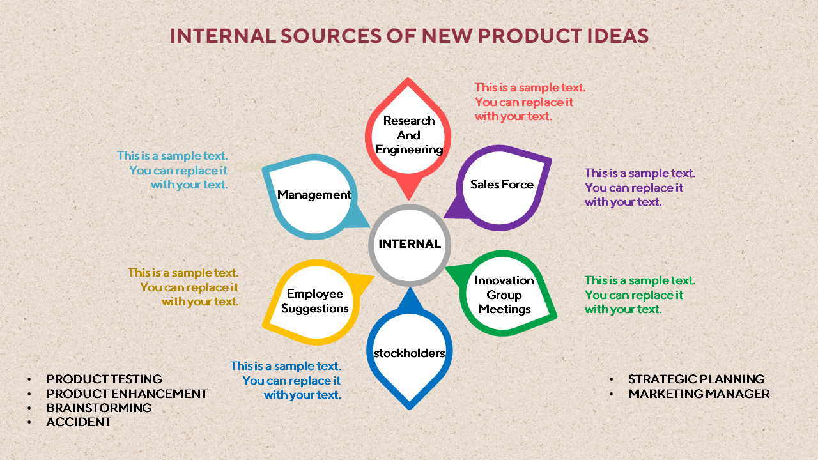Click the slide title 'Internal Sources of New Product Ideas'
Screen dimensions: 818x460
tap(409, 36)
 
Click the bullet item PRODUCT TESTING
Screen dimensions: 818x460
tap(104, 379)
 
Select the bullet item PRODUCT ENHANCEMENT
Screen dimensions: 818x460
tap(127, 394)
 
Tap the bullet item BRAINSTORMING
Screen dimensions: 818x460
tap(99, 408)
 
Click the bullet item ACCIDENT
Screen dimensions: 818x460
tap(79, 422)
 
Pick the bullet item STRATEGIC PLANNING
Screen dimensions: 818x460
tap(697, 379)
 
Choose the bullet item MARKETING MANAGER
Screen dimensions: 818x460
tap(699, 394)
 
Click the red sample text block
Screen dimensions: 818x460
tap(530, 102)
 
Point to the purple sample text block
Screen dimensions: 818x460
tap(640, 187)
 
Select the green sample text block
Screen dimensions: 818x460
tap(640, 295)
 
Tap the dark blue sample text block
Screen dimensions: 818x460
tap(285, 380)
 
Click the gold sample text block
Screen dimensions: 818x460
tap(183, 287)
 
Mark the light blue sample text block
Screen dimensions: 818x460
tap(172, 171)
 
